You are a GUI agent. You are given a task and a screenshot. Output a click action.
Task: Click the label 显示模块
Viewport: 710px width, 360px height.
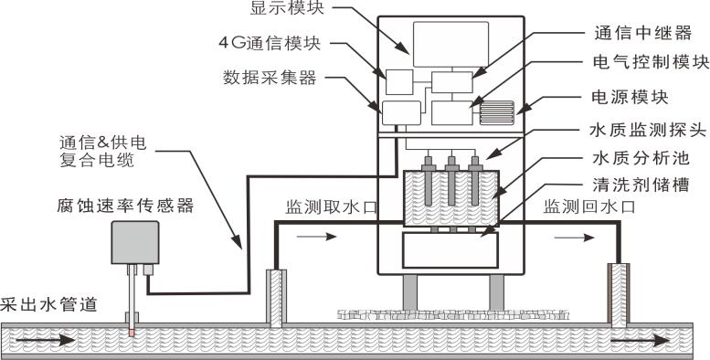pos(287,8)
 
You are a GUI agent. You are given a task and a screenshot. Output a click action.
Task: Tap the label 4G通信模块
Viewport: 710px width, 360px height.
pos(270,44)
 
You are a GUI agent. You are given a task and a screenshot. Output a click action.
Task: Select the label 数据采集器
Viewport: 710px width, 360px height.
pos(270,78)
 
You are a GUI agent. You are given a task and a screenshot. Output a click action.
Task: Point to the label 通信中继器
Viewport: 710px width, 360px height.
pos(643,33)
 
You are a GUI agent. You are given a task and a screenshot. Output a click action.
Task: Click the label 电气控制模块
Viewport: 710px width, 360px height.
pos(652,62)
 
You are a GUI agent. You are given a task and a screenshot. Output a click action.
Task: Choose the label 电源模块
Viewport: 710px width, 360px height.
pos(631,98)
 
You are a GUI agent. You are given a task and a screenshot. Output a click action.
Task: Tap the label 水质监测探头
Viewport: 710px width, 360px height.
pos(649,131)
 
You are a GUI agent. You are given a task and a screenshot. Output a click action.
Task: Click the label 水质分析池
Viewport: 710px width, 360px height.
pos(641,158)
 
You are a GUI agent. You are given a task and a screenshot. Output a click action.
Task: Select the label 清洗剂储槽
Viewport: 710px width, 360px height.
pos(641,185)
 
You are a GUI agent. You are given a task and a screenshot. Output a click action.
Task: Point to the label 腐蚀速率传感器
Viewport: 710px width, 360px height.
pos(125,206)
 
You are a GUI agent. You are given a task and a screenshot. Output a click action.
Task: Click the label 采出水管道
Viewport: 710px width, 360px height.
pos(49,304)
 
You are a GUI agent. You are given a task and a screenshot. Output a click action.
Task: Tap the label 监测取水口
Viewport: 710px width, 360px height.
pos(331,207)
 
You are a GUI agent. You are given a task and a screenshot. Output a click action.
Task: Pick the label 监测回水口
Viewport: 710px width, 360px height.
pos(589,206)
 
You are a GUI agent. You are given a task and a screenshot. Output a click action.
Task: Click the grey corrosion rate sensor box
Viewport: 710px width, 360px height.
pos(135,242)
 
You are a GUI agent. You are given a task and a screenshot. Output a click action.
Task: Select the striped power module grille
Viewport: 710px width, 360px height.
pos(497,112)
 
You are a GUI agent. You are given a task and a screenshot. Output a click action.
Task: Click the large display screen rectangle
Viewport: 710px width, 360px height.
pos(450,45)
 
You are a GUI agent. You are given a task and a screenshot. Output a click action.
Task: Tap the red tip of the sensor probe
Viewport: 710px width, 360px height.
pos(132,334)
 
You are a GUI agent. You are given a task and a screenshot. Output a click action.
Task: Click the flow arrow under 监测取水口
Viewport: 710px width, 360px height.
pos(316,237)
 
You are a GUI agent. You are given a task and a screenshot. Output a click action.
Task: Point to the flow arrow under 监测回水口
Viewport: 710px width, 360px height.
pos(574,238)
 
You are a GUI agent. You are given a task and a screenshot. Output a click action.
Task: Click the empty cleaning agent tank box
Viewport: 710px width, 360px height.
pos(450,250)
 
